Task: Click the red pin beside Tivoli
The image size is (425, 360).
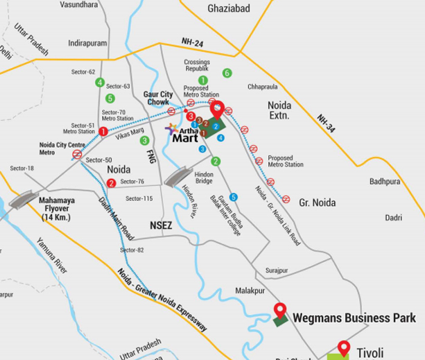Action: pyautogui.click(x=342, y=348)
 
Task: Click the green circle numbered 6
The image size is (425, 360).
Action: pyautogui.click(x=226, y=73)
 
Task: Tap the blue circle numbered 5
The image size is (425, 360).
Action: pyautogui.click(x=234, y=196)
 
